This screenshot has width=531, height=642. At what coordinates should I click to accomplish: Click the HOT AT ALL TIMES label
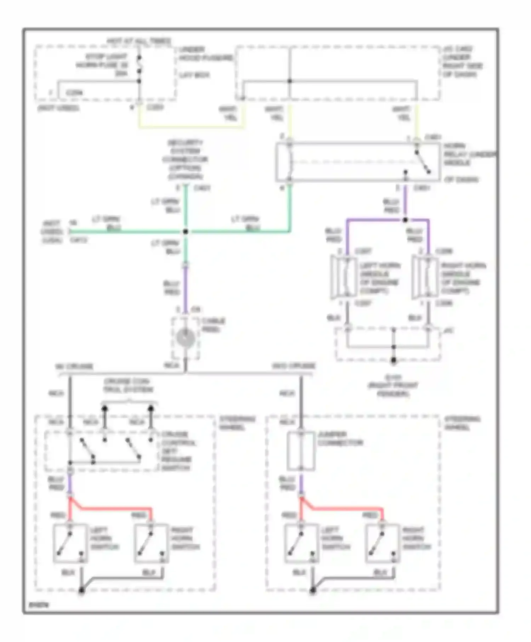tap(139, 41)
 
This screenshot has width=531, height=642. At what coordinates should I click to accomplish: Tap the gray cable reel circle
tap(185, 338)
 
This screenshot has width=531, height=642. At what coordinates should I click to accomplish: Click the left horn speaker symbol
tap(344, 277)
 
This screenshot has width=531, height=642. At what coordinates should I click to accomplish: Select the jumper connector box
tap(301, 451)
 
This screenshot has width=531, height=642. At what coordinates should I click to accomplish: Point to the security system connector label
tap(185, 160)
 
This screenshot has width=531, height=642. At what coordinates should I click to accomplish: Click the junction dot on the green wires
tap(185, 231)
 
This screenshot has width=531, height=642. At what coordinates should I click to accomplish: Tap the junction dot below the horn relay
tap(405, 220)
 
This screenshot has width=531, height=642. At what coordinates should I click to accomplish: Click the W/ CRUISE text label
tap(74, 367)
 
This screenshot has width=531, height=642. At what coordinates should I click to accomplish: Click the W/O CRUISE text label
tap(293, 366)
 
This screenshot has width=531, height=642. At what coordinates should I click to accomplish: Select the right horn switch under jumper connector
tap(383, 543)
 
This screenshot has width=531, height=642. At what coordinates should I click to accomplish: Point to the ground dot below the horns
tap(393, 361)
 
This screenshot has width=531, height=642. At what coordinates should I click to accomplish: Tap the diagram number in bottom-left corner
tap(39, 605)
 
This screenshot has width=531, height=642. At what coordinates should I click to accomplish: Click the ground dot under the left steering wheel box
tap(81, 590)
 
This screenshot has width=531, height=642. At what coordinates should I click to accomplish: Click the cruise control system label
tap(128, 385)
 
